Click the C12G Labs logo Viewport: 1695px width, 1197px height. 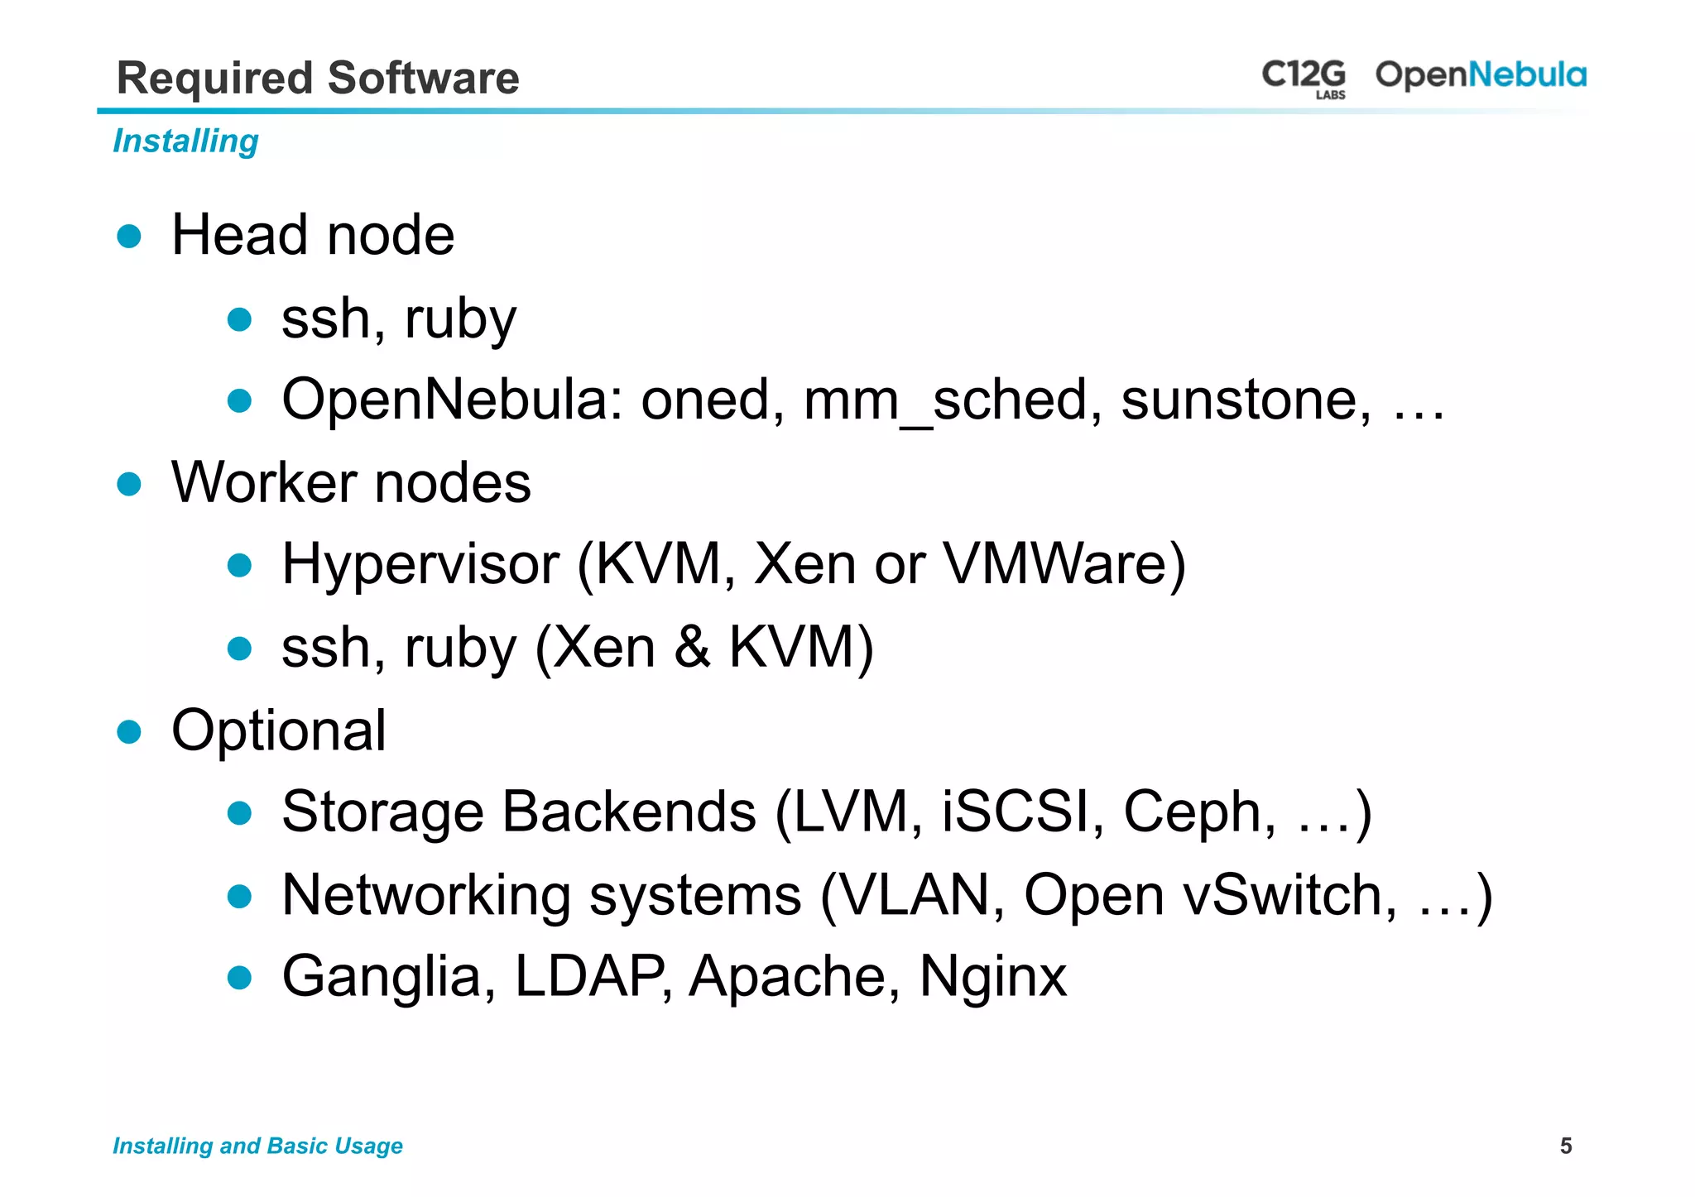[1304, 78]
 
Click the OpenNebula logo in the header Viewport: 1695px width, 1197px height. [1480, 75]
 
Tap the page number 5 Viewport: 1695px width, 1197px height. [1565, 1146]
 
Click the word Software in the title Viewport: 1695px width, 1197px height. [423, 79]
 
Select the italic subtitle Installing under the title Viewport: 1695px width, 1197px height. [185, 141]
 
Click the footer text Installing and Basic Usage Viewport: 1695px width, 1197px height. [257, 1146]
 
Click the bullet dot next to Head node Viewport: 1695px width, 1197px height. [129, 237]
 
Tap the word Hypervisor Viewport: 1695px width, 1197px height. [420, 566]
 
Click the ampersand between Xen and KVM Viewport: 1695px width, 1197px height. [692, 647]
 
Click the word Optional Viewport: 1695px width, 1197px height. [278, 731]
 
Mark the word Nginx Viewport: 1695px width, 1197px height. [992, 978]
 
